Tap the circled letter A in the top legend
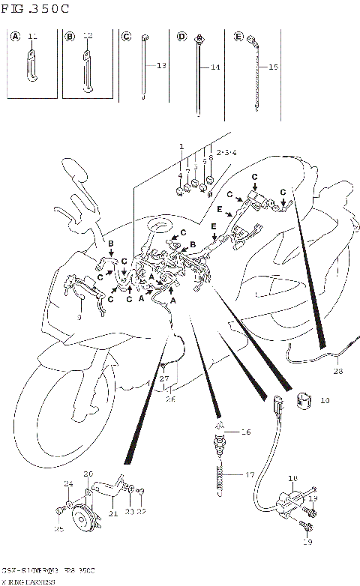tap(13, 35)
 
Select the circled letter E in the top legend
tap(238, 35)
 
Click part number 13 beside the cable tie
tap(160, 66)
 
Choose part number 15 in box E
tap(273, 67)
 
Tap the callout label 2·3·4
tap(226, 153)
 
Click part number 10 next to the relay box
tap(324, 401)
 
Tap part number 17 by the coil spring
tap(249, 474)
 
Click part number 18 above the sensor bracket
tap(292, 477)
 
